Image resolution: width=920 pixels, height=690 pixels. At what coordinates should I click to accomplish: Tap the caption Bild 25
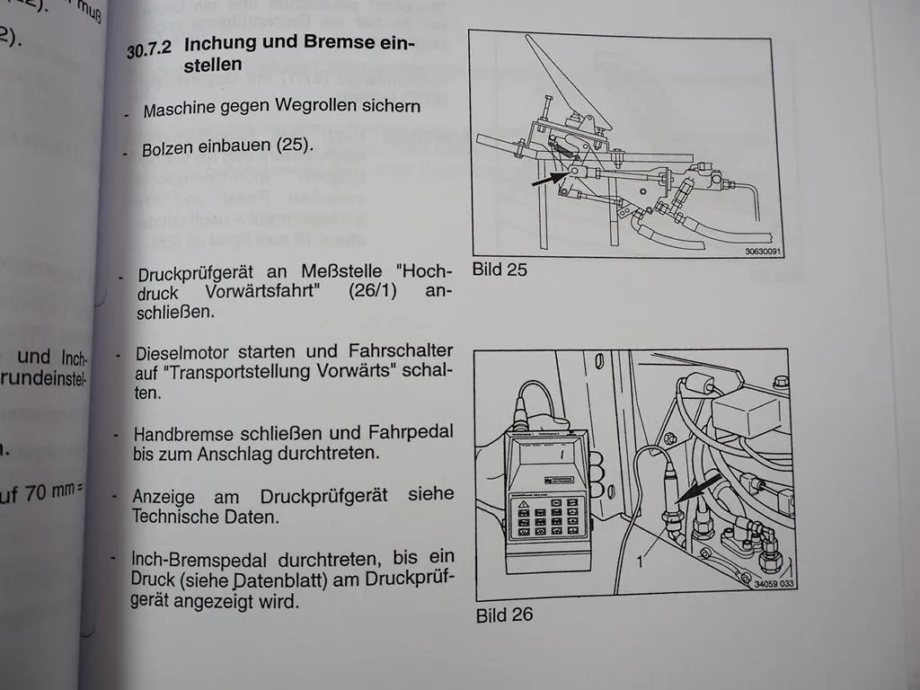tap(500, 269)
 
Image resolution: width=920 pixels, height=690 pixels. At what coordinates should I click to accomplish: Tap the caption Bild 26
tap(504, 615)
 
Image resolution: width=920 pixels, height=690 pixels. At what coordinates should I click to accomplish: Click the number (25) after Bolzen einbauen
tap(295, 144)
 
